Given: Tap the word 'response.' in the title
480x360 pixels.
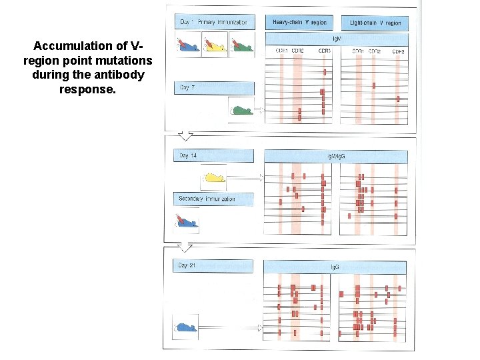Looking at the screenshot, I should [x=87, y=88].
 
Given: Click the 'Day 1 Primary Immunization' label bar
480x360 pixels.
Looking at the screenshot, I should [x=214, y=22].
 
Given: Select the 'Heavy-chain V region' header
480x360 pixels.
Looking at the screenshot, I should [x=299, y=22].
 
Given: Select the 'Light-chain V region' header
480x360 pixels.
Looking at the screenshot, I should [x=375, y=22].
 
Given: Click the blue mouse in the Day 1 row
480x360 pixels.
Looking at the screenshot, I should [x=188, y=45].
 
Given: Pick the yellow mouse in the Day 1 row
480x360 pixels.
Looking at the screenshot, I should [x=214, y=45].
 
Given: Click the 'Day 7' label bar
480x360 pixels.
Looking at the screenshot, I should [x=214, y=88].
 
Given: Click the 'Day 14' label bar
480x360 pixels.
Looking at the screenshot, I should [x=214, y=156].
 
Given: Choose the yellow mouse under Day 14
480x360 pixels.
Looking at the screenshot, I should [x=214, y=178].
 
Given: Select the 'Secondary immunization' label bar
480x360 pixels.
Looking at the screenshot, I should [x=214, y=199].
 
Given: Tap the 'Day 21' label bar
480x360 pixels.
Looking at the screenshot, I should [x=214, y=266].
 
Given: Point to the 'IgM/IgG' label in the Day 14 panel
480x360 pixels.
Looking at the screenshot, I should [x=335, y=156].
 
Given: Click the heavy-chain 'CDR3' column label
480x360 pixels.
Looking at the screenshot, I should [x=324, y=51].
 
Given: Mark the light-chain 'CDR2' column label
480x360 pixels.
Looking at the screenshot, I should [x=375, y=51].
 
